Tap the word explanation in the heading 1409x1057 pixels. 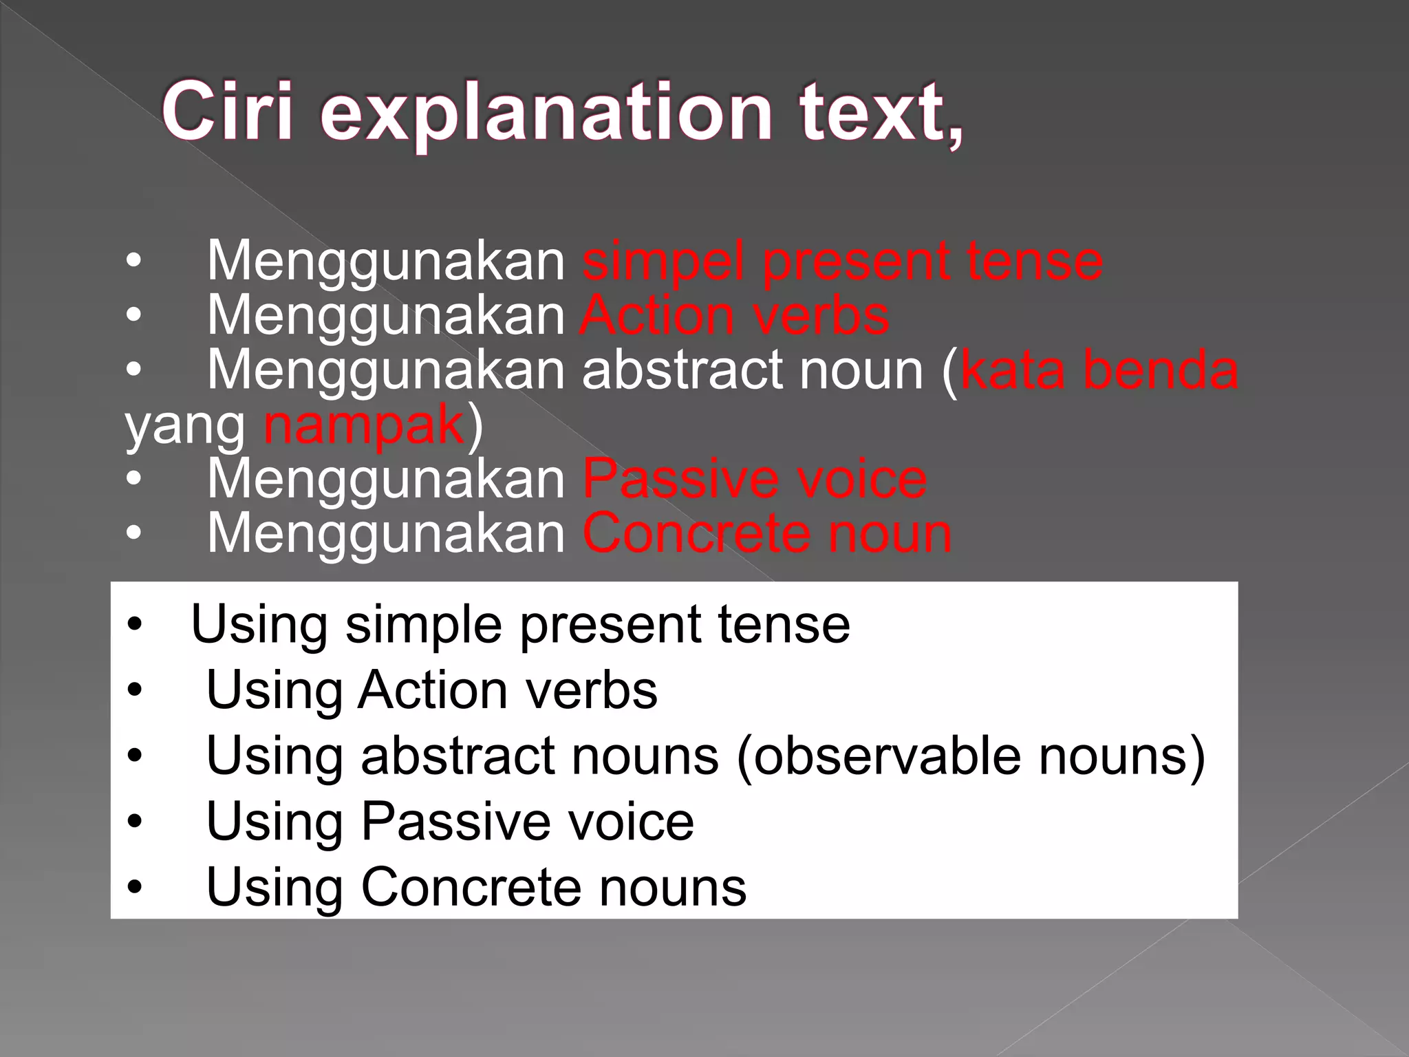[x=546, y=114]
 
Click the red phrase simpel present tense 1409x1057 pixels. [x=843, y=261]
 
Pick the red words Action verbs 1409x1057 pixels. [x=735, y=316]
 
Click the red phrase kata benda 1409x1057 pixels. [x=1099, y=370]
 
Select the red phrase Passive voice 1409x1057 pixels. [x=755, y=479]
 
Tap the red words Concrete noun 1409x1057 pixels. [x=767, y=533]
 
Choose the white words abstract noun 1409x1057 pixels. [x=752, y=370]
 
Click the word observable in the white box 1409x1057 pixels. [x=888, y=756]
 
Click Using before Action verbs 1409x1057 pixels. [x=274, y=690]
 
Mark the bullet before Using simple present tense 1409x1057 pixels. [x=134, y=625]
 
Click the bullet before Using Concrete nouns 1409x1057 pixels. [x=134, y=887]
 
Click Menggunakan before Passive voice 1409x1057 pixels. [x=386, y=479]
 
